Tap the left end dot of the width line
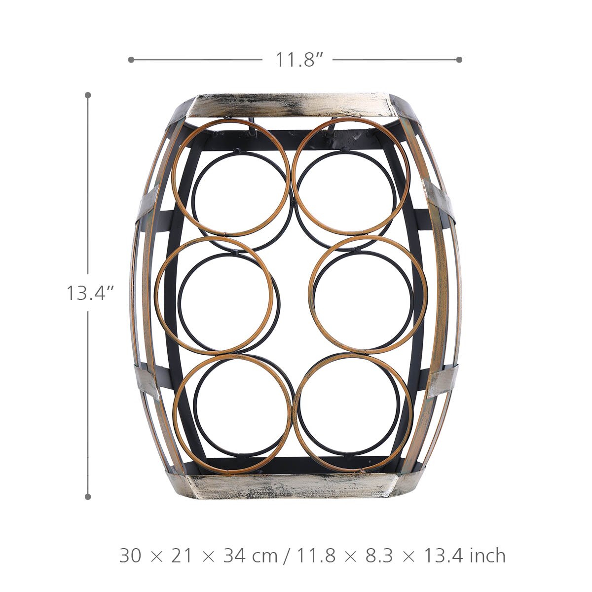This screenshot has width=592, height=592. pyautogui.click(x=131, y=60)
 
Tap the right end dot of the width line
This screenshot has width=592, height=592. pyautogui.click(x=459, y=60)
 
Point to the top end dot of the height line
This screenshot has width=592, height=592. pyautogui.click(x=88, y=95)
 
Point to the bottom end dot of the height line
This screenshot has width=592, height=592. pyautogui.click(x=88, y=496)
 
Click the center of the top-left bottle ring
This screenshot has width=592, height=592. pyautogui.click(x=231, y=178)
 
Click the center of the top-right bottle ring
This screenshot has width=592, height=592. pyautogui.click(x=351, y=177)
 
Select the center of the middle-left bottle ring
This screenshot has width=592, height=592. pyautogui.click(x=214, y=296)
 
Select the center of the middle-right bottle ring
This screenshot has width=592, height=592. pyautogui.click(x=368, y=295)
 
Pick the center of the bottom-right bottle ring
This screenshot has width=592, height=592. pyautogui.click(x=353, y=412)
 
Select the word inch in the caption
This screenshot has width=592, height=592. pyautogui.click(x=487, y=556)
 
